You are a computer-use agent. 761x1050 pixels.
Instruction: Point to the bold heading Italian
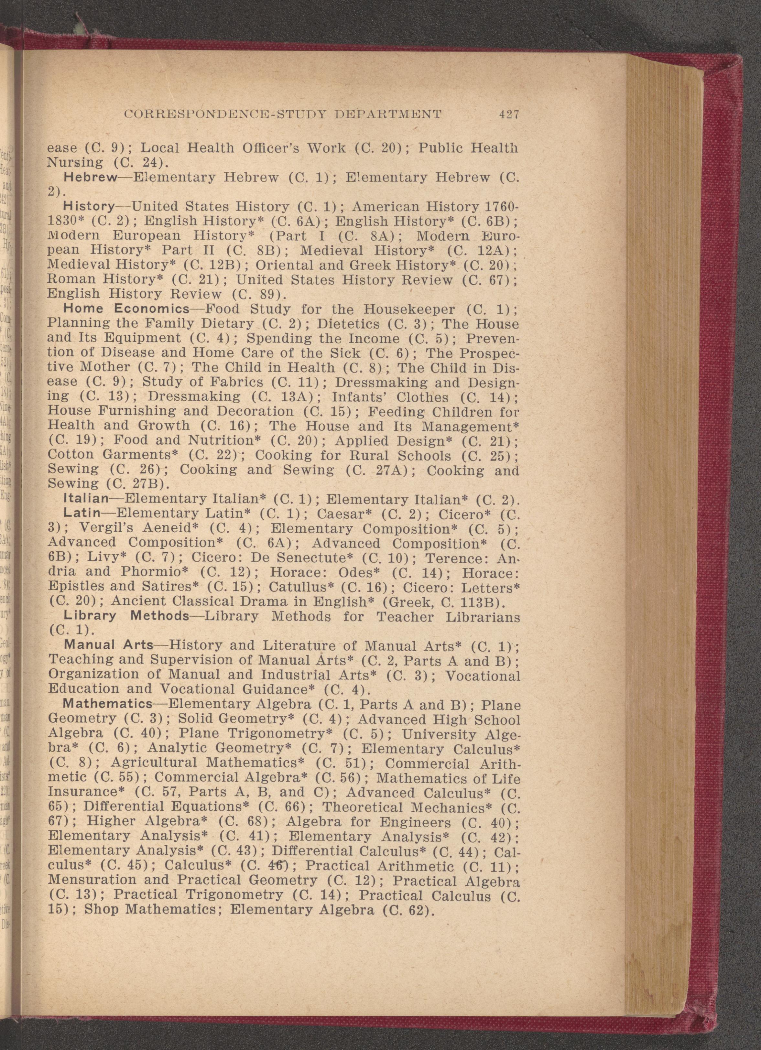pyautogui.click(x=86, y=499)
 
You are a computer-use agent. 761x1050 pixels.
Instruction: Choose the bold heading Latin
pyautogui.click(x=82, y=514)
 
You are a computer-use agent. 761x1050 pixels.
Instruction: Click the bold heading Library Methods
pyautogui.click(x=126, y=616)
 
